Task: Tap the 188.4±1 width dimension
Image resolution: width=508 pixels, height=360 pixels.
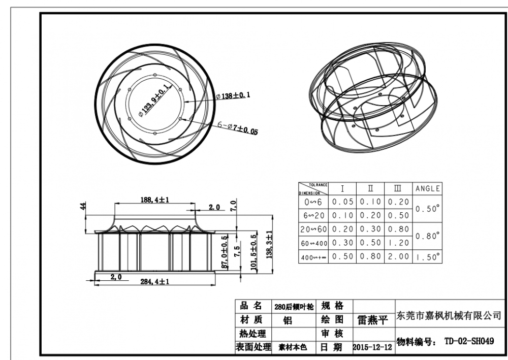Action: (x=154, y=200)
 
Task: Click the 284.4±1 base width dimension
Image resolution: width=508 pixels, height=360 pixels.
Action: (x=154, y=281)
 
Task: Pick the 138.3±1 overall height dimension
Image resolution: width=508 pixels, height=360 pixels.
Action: (x=270, y=244)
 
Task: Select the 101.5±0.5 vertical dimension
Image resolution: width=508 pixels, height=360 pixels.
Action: (x=254, y=253)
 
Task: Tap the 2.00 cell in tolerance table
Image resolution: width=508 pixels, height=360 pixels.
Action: (x=398, y=256)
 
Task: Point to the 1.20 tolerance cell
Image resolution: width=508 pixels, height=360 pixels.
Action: (x=398, y=243)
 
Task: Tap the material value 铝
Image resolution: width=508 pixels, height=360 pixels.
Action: (x=288, y=321)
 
